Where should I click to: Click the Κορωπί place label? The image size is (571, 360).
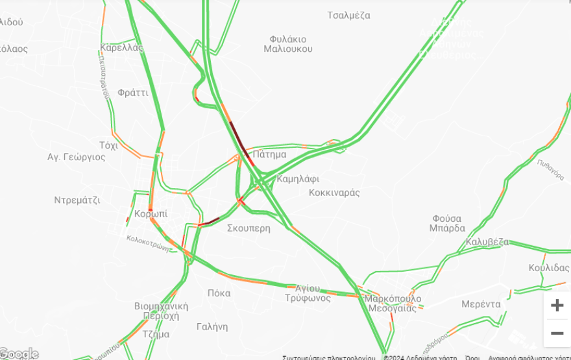151,213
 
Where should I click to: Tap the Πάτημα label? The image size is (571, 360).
270,154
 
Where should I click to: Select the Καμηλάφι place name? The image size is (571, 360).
298,179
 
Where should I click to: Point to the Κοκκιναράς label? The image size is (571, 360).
334,193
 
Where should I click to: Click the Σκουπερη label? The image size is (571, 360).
249,228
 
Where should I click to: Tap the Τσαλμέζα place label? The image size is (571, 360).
348,15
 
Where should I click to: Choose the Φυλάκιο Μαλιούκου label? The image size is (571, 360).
288,44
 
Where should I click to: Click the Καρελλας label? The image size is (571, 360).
121,47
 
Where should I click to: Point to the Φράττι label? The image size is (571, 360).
133,93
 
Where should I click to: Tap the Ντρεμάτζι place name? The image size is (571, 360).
77,200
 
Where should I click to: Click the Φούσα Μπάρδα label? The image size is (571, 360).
447,223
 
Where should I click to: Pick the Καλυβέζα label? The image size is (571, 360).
487,243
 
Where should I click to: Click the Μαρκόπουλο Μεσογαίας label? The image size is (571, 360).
393,304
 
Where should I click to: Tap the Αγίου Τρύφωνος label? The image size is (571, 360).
307,293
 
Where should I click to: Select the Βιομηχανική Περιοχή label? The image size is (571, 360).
161,311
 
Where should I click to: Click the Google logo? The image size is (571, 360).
19,354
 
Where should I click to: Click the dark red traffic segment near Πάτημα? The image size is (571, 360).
239,138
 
